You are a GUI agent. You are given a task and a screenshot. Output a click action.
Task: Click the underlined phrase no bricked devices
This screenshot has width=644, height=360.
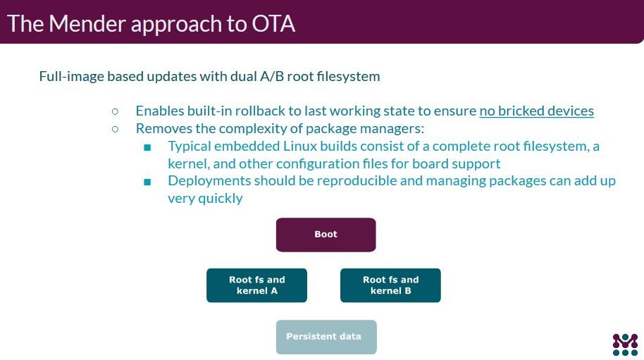[536, 111]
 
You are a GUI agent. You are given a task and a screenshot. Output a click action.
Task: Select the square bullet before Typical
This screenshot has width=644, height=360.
[147, 147]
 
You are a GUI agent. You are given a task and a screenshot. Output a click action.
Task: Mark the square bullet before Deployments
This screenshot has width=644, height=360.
[147, 182]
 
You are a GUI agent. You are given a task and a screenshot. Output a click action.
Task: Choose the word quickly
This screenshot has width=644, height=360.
[220, 198]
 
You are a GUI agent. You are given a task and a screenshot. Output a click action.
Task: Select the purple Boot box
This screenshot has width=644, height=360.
[326, 235]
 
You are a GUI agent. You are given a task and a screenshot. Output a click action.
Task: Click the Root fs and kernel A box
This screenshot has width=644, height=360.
[256, 285]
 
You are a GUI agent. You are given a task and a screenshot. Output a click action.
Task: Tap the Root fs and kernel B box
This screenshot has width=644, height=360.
[390, 285]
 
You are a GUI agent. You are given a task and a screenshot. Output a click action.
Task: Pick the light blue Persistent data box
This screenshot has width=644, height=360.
[326, 337]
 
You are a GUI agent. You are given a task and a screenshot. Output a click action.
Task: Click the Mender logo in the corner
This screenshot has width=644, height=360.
[624, 342]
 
